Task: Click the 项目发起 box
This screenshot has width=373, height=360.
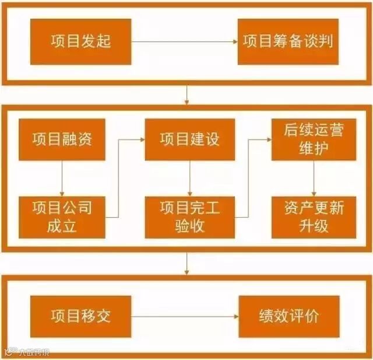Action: [80, 41]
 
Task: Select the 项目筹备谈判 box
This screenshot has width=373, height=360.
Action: [288, 41]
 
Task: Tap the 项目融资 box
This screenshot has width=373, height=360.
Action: [62, 139]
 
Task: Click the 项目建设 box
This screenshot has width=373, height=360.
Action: [189, 139]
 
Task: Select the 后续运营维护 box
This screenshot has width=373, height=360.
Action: [314, 139]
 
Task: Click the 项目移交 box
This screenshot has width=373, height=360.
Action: [80, 316]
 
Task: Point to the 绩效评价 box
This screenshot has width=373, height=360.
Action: [288, 316]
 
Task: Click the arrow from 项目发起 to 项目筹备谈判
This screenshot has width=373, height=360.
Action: [184, 41]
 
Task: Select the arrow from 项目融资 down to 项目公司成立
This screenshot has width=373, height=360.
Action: [62, 179]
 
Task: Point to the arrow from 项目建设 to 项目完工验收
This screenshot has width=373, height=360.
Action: [189, 179]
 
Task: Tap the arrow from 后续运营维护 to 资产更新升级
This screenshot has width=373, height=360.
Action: [314, 179]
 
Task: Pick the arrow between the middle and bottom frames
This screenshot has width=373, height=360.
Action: [186, 263]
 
